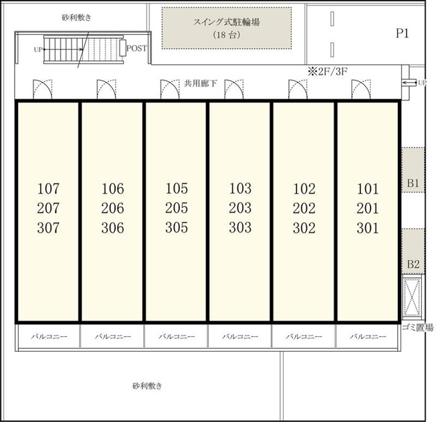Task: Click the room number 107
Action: [x=48, y=189]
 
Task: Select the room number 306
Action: [x=112, y=228]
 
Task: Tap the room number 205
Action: [x=177, y=208]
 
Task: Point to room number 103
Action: [x=240, y=189]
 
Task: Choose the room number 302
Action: [x=304, y=228]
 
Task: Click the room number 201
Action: [x=368, y=208]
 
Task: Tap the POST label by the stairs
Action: [x=136, y=48]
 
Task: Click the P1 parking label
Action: [x=403, y=33]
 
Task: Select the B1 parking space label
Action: [x=413, y=184]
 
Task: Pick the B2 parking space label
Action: [x=413, y=264]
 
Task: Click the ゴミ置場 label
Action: [x=418, y=328]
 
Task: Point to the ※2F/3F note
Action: [x=328, y=72]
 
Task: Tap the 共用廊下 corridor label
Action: [x=201, y=83]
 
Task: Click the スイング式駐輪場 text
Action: [x=227, y=22]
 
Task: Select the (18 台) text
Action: [x=227, y=35]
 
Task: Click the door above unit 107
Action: [x=43, y=89]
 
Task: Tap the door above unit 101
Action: [x=361, y=89]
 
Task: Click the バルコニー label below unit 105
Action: [x=177, y=336]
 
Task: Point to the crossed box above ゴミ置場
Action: [x=412, y=297]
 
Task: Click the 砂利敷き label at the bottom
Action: [x=147, y=386]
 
